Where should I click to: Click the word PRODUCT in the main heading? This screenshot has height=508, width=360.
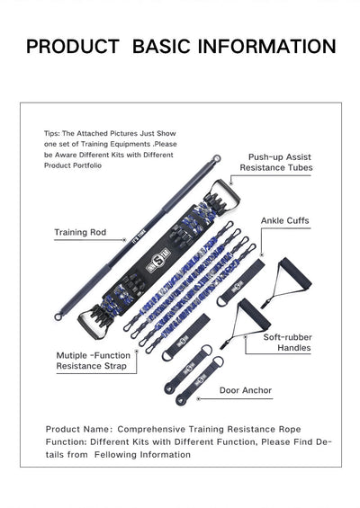[73, 46]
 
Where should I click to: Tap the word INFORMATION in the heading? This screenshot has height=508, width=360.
[266, 46]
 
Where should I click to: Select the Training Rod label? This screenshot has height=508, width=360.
[80, 232]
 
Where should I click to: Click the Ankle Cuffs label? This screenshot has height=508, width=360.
[285, 220]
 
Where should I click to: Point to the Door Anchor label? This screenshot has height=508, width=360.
[246, 390]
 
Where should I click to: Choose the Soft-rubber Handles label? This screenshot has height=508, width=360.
[287, 343]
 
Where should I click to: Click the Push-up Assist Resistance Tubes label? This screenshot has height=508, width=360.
[276, 163]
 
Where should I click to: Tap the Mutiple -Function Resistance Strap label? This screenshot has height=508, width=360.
[94, 361]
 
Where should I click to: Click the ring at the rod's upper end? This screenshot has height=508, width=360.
[216, 159]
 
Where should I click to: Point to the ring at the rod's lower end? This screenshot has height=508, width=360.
[58, 316]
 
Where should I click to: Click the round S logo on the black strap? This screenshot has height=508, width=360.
[158, 259]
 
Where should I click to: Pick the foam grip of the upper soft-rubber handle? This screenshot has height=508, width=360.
[295, 272]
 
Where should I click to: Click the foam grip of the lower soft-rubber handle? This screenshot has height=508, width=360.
[255, 314]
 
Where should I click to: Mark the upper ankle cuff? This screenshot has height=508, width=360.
[240, 282]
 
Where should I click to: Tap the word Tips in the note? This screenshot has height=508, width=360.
[51, 133]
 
